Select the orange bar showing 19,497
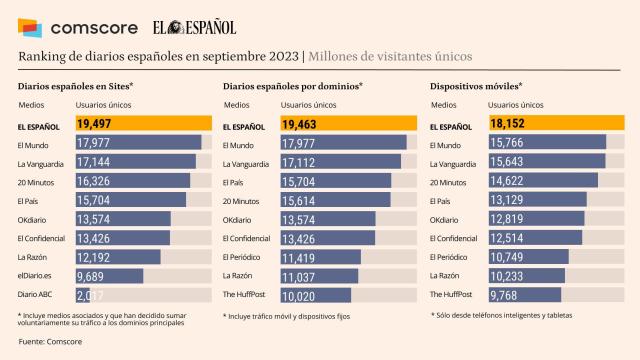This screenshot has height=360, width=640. pos(143,124)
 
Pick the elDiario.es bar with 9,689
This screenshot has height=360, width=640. pos(110,275)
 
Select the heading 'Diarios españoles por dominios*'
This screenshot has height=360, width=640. pos(293,86)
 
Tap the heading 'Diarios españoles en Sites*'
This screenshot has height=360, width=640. pos(76,86)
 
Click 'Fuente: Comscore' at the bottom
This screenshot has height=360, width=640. pos(50,342)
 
